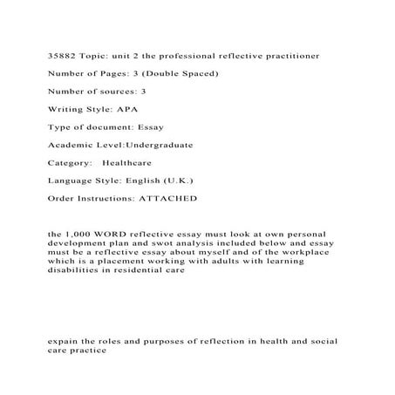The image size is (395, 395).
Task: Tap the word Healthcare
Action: (x=130, y=162)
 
